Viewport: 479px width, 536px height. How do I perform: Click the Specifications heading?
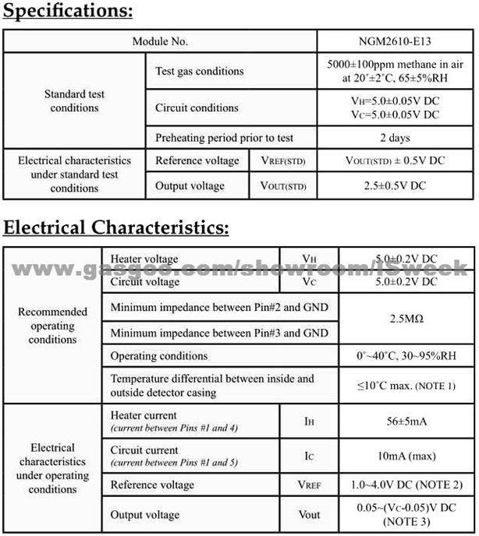pyautogui.click(x=69, y=12)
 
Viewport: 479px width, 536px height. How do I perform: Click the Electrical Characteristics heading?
pyautogui.click(x=117, y=227)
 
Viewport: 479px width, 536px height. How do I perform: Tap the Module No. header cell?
pyautogui.click(x=160, y=41)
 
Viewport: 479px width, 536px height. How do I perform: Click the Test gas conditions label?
pyautogui.click(x=200, y=71)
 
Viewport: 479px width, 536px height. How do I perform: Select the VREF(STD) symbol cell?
pyautogui.click(x=283, y=161)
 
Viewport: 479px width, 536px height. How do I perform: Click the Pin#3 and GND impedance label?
pyautogui.click(x=218, y=333)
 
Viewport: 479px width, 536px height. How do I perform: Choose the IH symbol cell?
pyautogui.click(x=310, y=421)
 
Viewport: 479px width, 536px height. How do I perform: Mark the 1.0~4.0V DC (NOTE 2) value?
pyautogui.click(x=406, y=485)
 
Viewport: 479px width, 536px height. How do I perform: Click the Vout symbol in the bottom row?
pyautogui.click(x=310, y=514)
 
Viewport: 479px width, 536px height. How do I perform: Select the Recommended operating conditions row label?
pyautogui.click(x=53, y=325)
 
